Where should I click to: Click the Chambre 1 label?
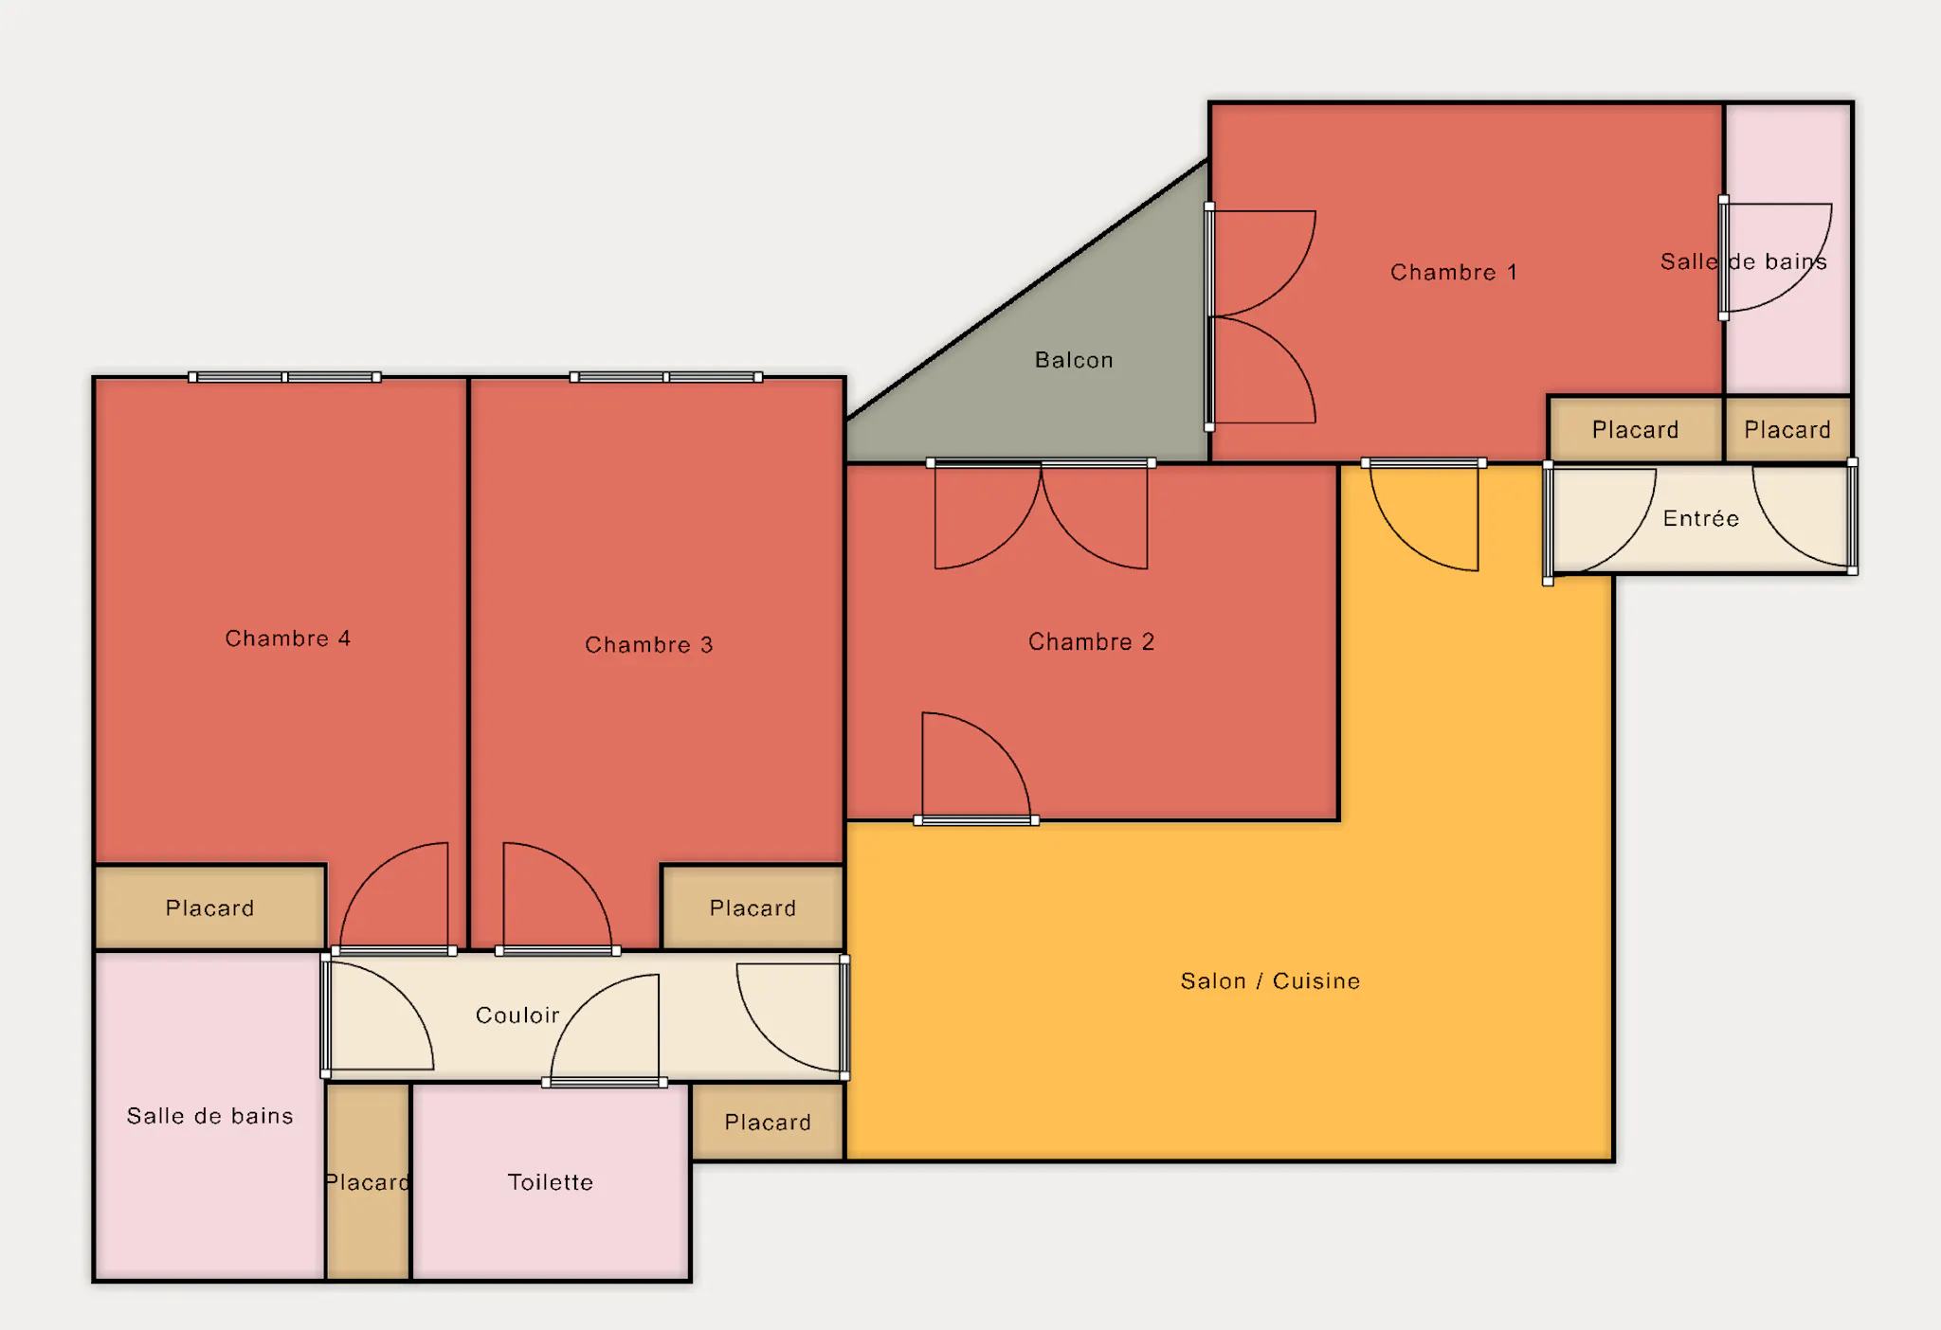point(1453,273)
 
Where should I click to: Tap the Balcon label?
point(1074,360)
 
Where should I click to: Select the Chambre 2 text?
point(1091,642)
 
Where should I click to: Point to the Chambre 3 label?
point(648,645)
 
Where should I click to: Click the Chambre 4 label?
point(287,638)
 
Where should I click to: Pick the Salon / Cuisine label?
point(1270,981)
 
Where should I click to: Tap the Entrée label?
point(1701,518)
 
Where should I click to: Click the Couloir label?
point(517,1015)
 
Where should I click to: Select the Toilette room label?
point(550,1182)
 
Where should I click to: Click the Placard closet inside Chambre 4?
point(210,908)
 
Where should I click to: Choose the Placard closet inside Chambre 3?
point(753,908)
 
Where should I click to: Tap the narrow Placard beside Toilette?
point(369,1181)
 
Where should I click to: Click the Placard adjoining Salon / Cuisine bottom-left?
point(768,1122)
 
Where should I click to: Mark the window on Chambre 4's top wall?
point(284,377)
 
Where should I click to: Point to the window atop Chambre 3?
point(666,377)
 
